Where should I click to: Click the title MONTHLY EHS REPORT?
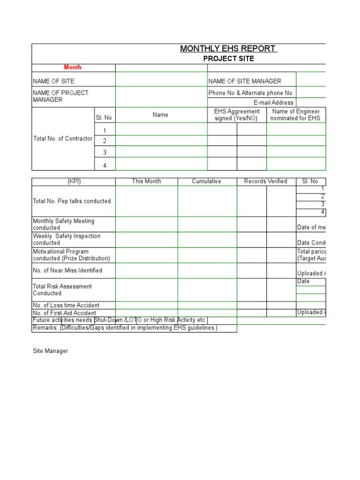coord(229,49)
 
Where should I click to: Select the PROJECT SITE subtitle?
coord(229,59)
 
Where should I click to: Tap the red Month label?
coord(73,67)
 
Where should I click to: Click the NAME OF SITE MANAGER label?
coord(245,81)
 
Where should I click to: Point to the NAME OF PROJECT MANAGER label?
coord(60,96)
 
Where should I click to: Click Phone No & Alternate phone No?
coord(250,93)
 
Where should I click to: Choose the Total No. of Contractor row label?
coord(63,139)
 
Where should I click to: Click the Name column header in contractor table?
coord(160,115)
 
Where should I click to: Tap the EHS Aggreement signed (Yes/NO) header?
coord(237,115)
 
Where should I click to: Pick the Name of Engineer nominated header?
coord(296,115)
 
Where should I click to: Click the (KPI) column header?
coord(74,181)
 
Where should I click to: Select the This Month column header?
coord(146,181)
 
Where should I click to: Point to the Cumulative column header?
coord(206,181)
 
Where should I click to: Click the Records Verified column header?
coord(266,181)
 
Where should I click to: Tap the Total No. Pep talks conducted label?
coord(72,201)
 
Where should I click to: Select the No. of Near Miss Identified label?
coord(67,270)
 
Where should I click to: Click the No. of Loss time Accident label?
coord(66,305)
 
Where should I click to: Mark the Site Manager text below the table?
coord(50,351)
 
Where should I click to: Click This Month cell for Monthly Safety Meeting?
coord(146,224)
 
